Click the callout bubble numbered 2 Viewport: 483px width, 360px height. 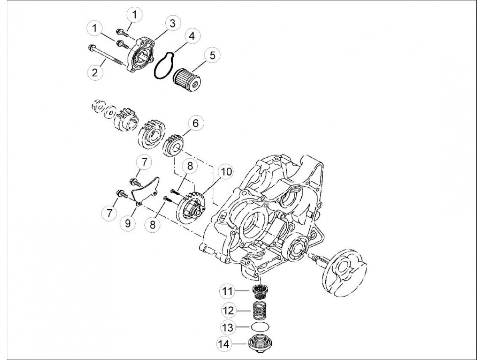click(95, 72)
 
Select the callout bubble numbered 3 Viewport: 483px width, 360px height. click(172, 23)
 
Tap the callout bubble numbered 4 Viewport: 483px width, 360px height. click(192, 36)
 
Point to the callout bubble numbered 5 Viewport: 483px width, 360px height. click(212, 55)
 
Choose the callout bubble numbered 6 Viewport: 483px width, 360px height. click(195, 123)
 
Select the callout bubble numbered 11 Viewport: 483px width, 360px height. click(228, 291)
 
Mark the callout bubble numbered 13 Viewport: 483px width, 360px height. click(228, 328)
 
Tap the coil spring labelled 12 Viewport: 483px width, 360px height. click(260, 310)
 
